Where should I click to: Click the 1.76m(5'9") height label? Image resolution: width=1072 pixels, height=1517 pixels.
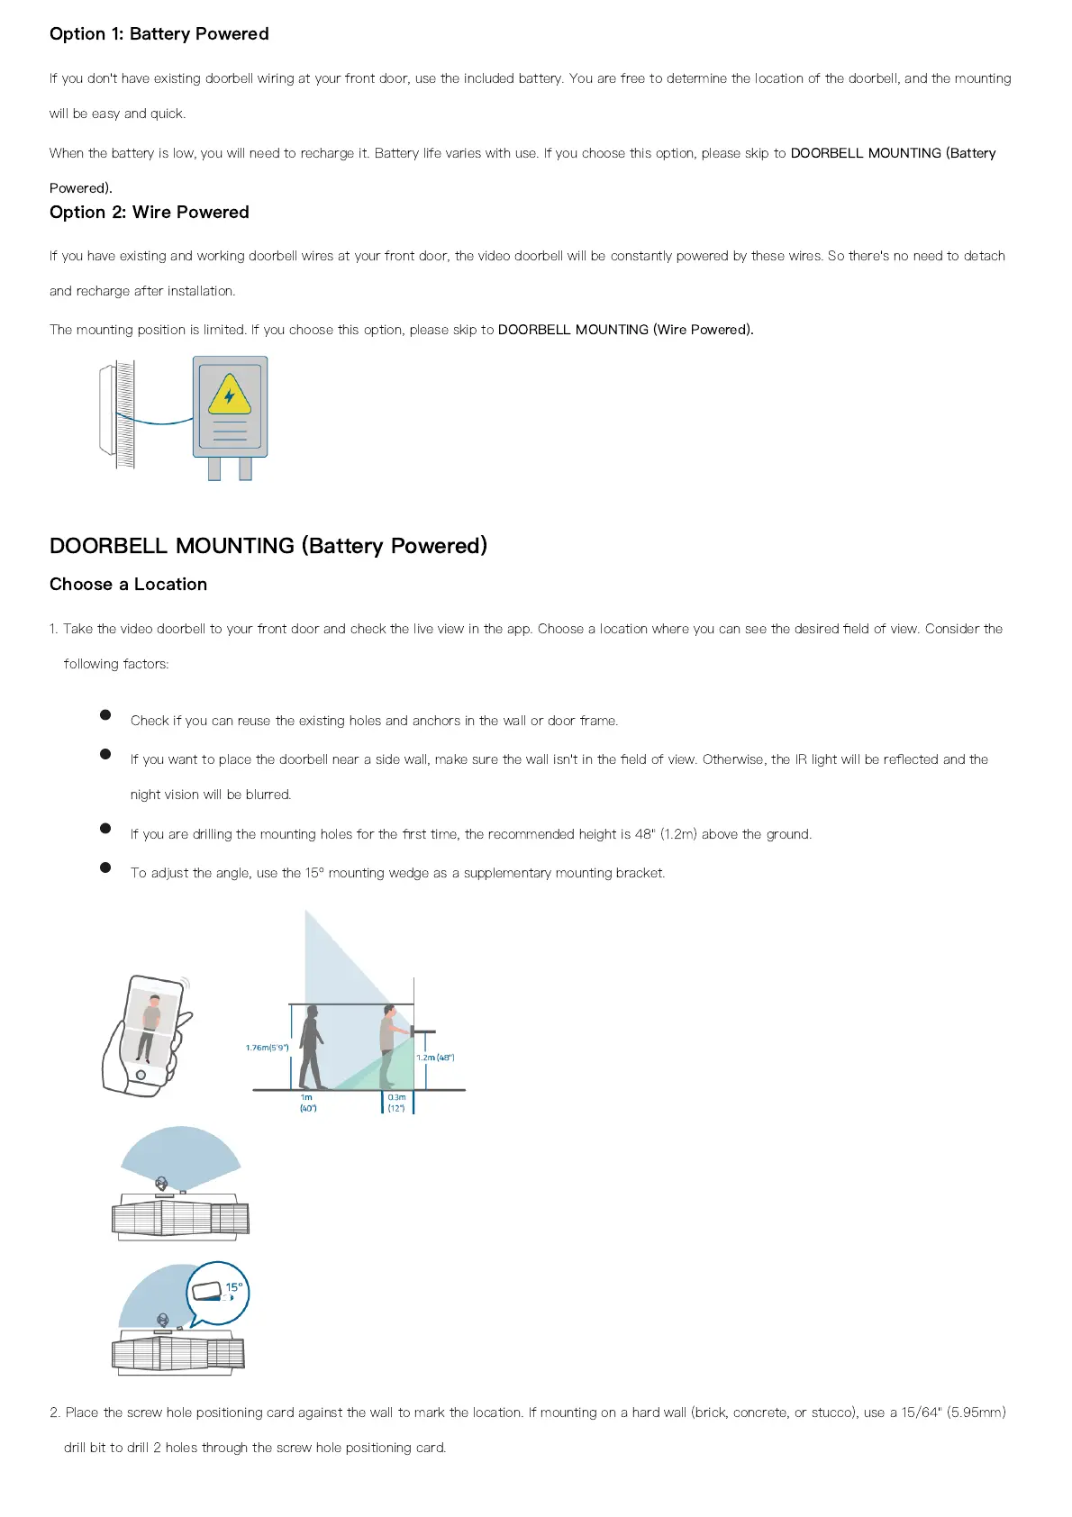point(267,1048)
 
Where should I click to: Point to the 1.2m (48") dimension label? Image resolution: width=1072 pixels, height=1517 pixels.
point(435,1057)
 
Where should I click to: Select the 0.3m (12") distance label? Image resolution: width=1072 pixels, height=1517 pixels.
point(396,1103)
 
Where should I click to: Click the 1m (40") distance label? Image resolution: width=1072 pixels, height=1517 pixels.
point(308,1103)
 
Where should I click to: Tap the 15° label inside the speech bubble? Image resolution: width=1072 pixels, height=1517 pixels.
point(234,1287)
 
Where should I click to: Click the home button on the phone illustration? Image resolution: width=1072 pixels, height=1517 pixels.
point(141,1075)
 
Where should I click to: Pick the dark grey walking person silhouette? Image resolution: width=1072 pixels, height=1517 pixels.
point(312,1047)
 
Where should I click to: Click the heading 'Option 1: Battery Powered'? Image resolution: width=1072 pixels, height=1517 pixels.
point(159,34)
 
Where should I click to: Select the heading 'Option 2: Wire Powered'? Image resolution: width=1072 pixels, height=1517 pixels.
point(150,213)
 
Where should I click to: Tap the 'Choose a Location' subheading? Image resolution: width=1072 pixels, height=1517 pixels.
point(128,585)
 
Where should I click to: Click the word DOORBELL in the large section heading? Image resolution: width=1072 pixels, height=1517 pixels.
point(108,546)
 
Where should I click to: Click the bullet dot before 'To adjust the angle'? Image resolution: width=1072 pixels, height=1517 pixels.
point(105,868)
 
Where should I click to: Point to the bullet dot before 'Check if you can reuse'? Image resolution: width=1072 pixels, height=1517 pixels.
point(105,715)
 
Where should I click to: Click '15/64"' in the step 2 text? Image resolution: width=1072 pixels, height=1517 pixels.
point(921,1413)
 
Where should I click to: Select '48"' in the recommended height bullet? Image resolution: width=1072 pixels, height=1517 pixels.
point(645,834)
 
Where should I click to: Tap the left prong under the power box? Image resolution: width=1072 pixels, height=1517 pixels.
point(214,468)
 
